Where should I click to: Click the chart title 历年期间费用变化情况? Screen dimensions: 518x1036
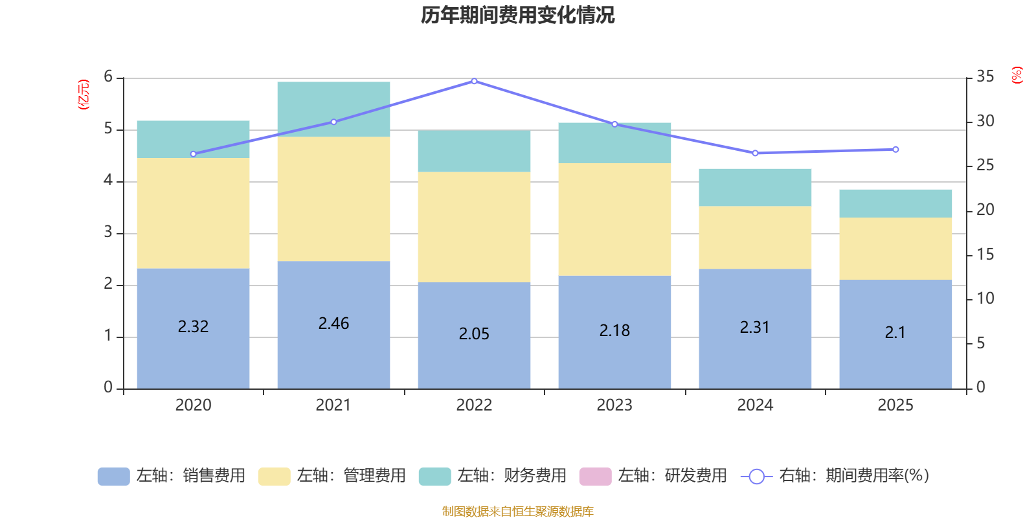point(517,15)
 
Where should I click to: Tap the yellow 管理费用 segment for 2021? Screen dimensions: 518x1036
point(333,199)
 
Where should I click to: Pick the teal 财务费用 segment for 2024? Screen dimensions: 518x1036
point(755,188)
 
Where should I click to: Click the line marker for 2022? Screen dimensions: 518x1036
point(474,82)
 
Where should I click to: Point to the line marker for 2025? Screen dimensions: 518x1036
point(895,150)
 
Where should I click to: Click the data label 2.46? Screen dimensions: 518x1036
point(333,324)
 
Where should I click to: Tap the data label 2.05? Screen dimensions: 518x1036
point(474,334)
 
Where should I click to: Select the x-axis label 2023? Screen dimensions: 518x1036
point(614,405)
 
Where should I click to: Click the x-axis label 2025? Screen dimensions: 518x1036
point(895,405)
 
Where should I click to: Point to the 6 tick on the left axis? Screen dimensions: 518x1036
point(108,77)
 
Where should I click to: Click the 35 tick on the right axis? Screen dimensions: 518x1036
point(985,77)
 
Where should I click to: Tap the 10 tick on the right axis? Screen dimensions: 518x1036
point(985,298)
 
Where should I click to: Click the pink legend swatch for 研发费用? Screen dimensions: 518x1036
point(595,477)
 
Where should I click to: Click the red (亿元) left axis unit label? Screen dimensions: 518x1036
point(84,95)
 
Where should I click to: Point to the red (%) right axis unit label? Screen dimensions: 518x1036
point(1017,75)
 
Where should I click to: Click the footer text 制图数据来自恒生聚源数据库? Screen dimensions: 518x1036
point(517,512)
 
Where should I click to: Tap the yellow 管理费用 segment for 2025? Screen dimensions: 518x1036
point(895,249)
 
